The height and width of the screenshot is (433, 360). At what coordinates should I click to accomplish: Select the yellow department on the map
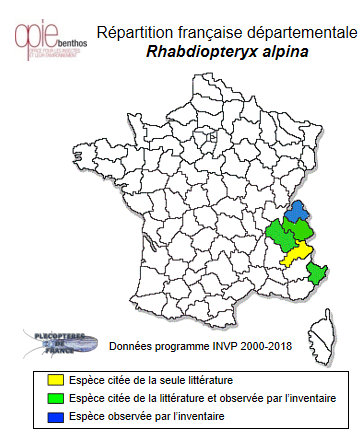click(296, 251)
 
